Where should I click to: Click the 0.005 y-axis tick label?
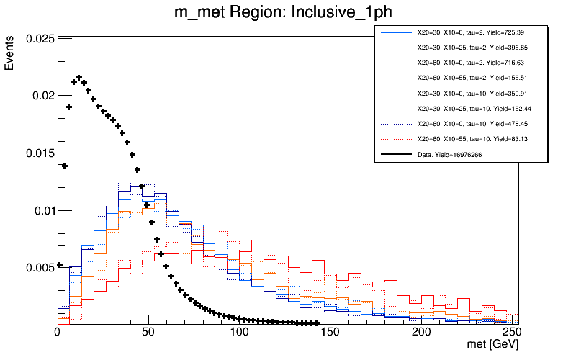click(x=40, y=268)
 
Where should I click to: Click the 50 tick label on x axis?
click(x=149, y=333)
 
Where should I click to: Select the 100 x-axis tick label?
click(x=240, y=333)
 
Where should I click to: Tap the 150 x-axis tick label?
click(x=331, y=333)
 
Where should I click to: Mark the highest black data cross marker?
click(x=79, y=78)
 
